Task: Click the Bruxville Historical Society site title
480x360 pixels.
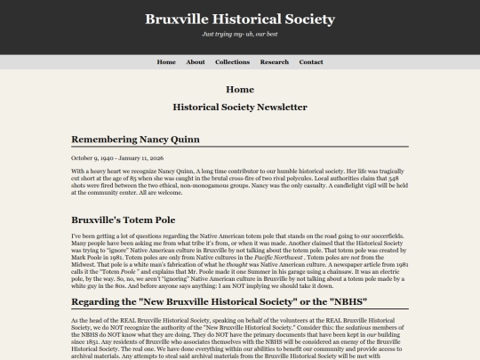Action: coord(240,19)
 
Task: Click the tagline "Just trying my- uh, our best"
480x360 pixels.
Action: coord(240,34)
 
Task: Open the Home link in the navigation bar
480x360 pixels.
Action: coord(166,62)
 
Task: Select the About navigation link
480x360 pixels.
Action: coord(196,62)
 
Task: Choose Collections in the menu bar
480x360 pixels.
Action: coord(232,62)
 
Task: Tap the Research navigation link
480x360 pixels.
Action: coord(275,62)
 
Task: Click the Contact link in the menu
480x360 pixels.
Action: coord(311,62)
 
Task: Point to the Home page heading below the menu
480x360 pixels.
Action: coord(240,90)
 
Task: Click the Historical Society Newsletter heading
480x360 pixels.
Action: coord(240,108)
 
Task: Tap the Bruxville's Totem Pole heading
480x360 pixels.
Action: coord(124,219)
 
